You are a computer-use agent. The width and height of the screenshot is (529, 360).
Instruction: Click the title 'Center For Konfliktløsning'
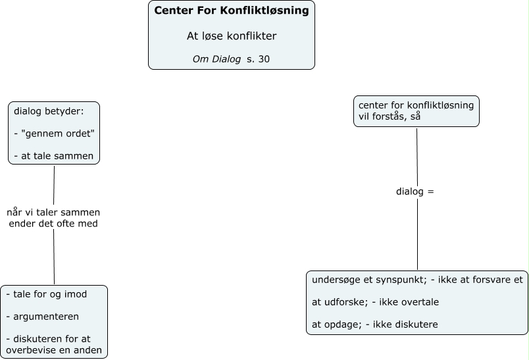point(231,11)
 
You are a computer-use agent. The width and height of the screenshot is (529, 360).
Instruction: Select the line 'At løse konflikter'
point(231,36)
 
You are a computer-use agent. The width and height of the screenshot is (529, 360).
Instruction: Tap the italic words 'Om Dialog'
point(216,59)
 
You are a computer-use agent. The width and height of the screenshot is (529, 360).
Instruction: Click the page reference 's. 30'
point(259,59)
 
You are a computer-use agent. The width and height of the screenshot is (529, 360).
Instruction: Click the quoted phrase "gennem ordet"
point(58,134)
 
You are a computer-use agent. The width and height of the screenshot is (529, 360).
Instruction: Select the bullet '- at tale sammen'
point(53,156)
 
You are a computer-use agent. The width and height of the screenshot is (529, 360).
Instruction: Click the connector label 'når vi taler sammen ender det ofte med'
point(53,217)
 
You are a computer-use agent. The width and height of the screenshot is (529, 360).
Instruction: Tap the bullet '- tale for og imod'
point(46,294)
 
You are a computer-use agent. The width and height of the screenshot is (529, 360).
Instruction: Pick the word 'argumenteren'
point(46,317)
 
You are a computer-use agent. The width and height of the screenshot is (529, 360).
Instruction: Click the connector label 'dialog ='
point(415,192)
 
